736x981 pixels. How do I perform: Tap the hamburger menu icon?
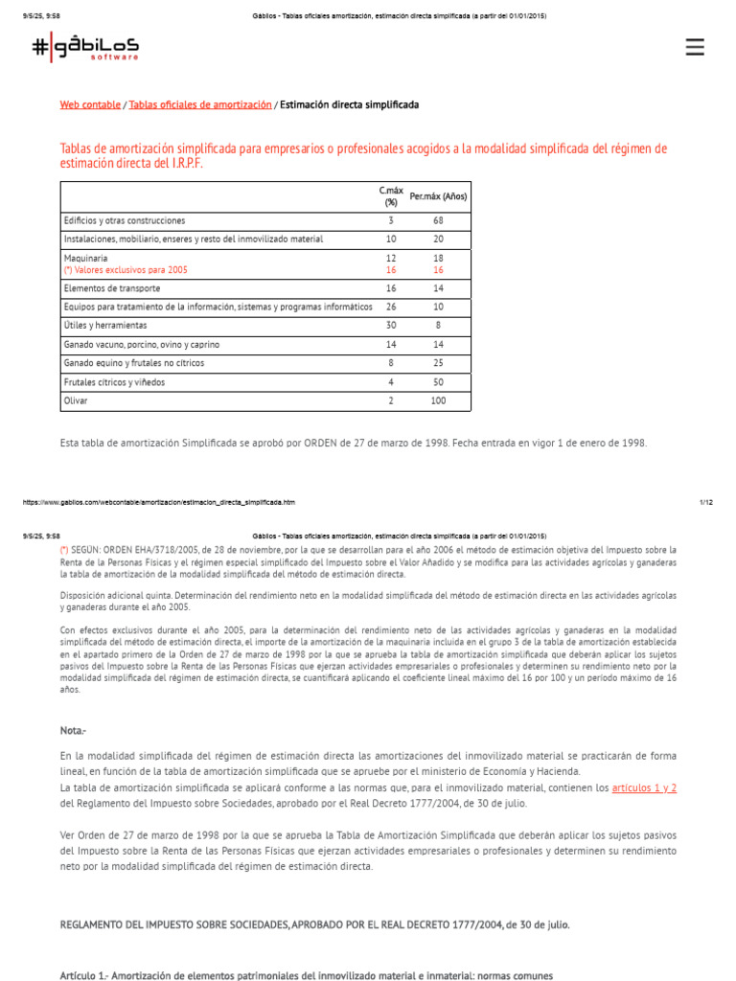point(695,48)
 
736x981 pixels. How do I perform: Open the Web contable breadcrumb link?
point(90,104)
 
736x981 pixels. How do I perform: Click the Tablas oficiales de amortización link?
point(200,104)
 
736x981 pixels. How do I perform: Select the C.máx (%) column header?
point(390,196)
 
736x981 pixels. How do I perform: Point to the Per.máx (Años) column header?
point(438,196)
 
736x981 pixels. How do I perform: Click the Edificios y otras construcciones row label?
point(125,220)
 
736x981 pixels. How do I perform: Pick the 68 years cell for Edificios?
point(438,220)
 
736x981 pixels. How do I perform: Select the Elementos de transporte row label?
point(112,288)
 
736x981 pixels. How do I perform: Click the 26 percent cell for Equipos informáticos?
point(390,307)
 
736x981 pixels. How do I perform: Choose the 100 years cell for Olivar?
point(438,401)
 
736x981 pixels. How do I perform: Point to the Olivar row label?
point(76,401)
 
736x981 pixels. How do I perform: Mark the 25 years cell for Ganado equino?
point(438,363)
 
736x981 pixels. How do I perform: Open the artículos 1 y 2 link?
point(644,787)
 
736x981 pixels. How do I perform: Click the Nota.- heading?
point(73,731)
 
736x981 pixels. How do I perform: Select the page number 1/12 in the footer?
point(706,502)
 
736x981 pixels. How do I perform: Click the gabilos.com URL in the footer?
point(158,502)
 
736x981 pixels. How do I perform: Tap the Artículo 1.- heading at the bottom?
point(307,975)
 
